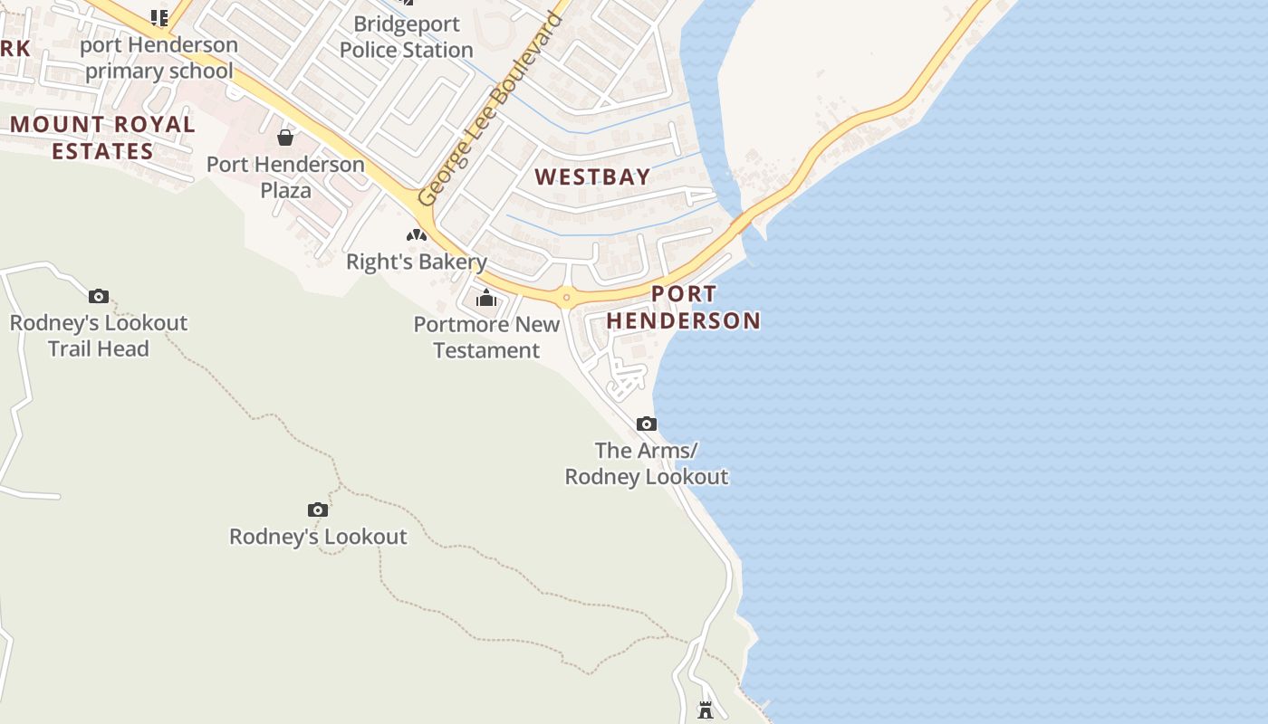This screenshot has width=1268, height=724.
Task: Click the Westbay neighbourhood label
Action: click(592, 176)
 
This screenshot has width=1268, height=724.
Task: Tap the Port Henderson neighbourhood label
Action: click(684, 307)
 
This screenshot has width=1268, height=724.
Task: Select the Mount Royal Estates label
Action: click(102, 138)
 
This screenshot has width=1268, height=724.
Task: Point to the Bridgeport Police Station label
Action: click(407, 37)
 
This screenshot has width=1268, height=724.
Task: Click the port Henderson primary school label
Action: click(159, 58)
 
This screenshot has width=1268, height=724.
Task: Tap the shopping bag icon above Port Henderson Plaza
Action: click(285, 138)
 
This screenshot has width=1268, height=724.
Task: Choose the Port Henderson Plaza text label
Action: click(285, 177)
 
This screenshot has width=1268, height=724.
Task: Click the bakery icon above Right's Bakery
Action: click(417, 235)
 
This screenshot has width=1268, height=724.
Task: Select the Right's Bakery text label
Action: click(417, 262)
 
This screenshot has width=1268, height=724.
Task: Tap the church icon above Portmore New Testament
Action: click(486, 297)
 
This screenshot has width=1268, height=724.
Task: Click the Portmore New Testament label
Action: click(486, 338)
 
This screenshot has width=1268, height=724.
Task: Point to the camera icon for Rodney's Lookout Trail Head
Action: click(99, 296)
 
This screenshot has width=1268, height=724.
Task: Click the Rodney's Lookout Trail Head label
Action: click(99, 336)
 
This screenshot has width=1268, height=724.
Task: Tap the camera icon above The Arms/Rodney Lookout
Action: click(646, 424)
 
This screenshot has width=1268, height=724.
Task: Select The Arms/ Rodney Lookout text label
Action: click(647, 463)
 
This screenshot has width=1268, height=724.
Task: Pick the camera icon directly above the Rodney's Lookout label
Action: click(317, 510)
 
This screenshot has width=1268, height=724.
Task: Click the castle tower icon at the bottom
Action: click(706, 710)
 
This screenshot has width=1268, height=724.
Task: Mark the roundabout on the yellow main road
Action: click(566, 296)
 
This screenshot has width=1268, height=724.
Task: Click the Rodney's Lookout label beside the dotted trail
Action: click(318, 537)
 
